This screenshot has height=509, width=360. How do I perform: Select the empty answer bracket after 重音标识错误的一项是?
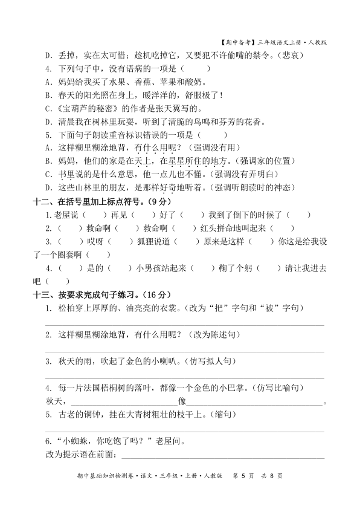coord(217,135)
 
